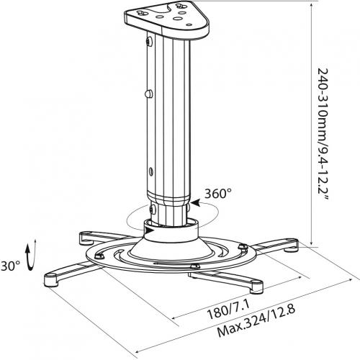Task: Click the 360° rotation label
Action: [218, 194]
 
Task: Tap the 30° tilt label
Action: [10, 266]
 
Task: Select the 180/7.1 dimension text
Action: [228, 310]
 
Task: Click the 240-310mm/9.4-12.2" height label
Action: [323, 135]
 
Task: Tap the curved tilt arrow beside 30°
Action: [31, 255]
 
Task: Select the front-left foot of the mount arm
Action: [51, 279]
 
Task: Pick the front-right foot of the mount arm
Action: [256, 287]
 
